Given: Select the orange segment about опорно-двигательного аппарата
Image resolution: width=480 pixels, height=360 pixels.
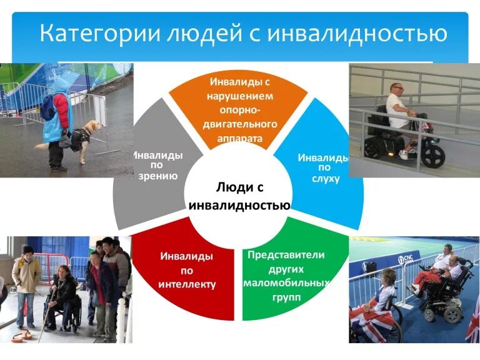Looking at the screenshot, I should [240, 109].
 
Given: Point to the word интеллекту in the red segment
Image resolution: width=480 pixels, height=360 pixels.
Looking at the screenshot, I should [187, 284].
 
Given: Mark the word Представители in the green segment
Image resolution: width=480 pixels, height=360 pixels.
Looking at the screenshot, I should [286, 255].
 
